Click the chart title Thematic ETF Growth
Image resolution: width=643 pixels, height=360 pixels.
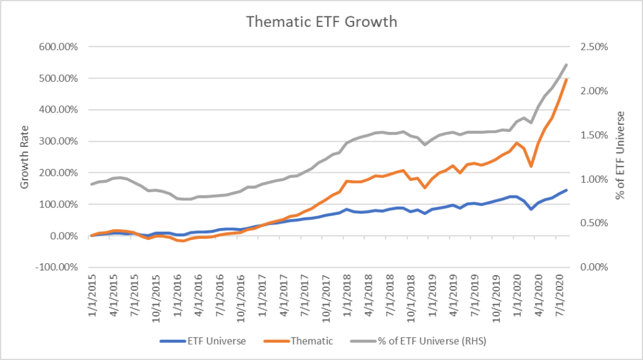point(321,22)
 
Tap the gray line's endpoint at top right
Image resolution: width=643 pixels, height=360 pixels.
point(567,65)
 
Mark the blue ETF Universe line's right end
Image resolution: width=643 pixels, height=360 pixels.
point(567,190)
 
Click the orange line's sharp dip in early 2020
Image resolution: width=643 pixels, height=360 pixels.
point(531,166)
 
